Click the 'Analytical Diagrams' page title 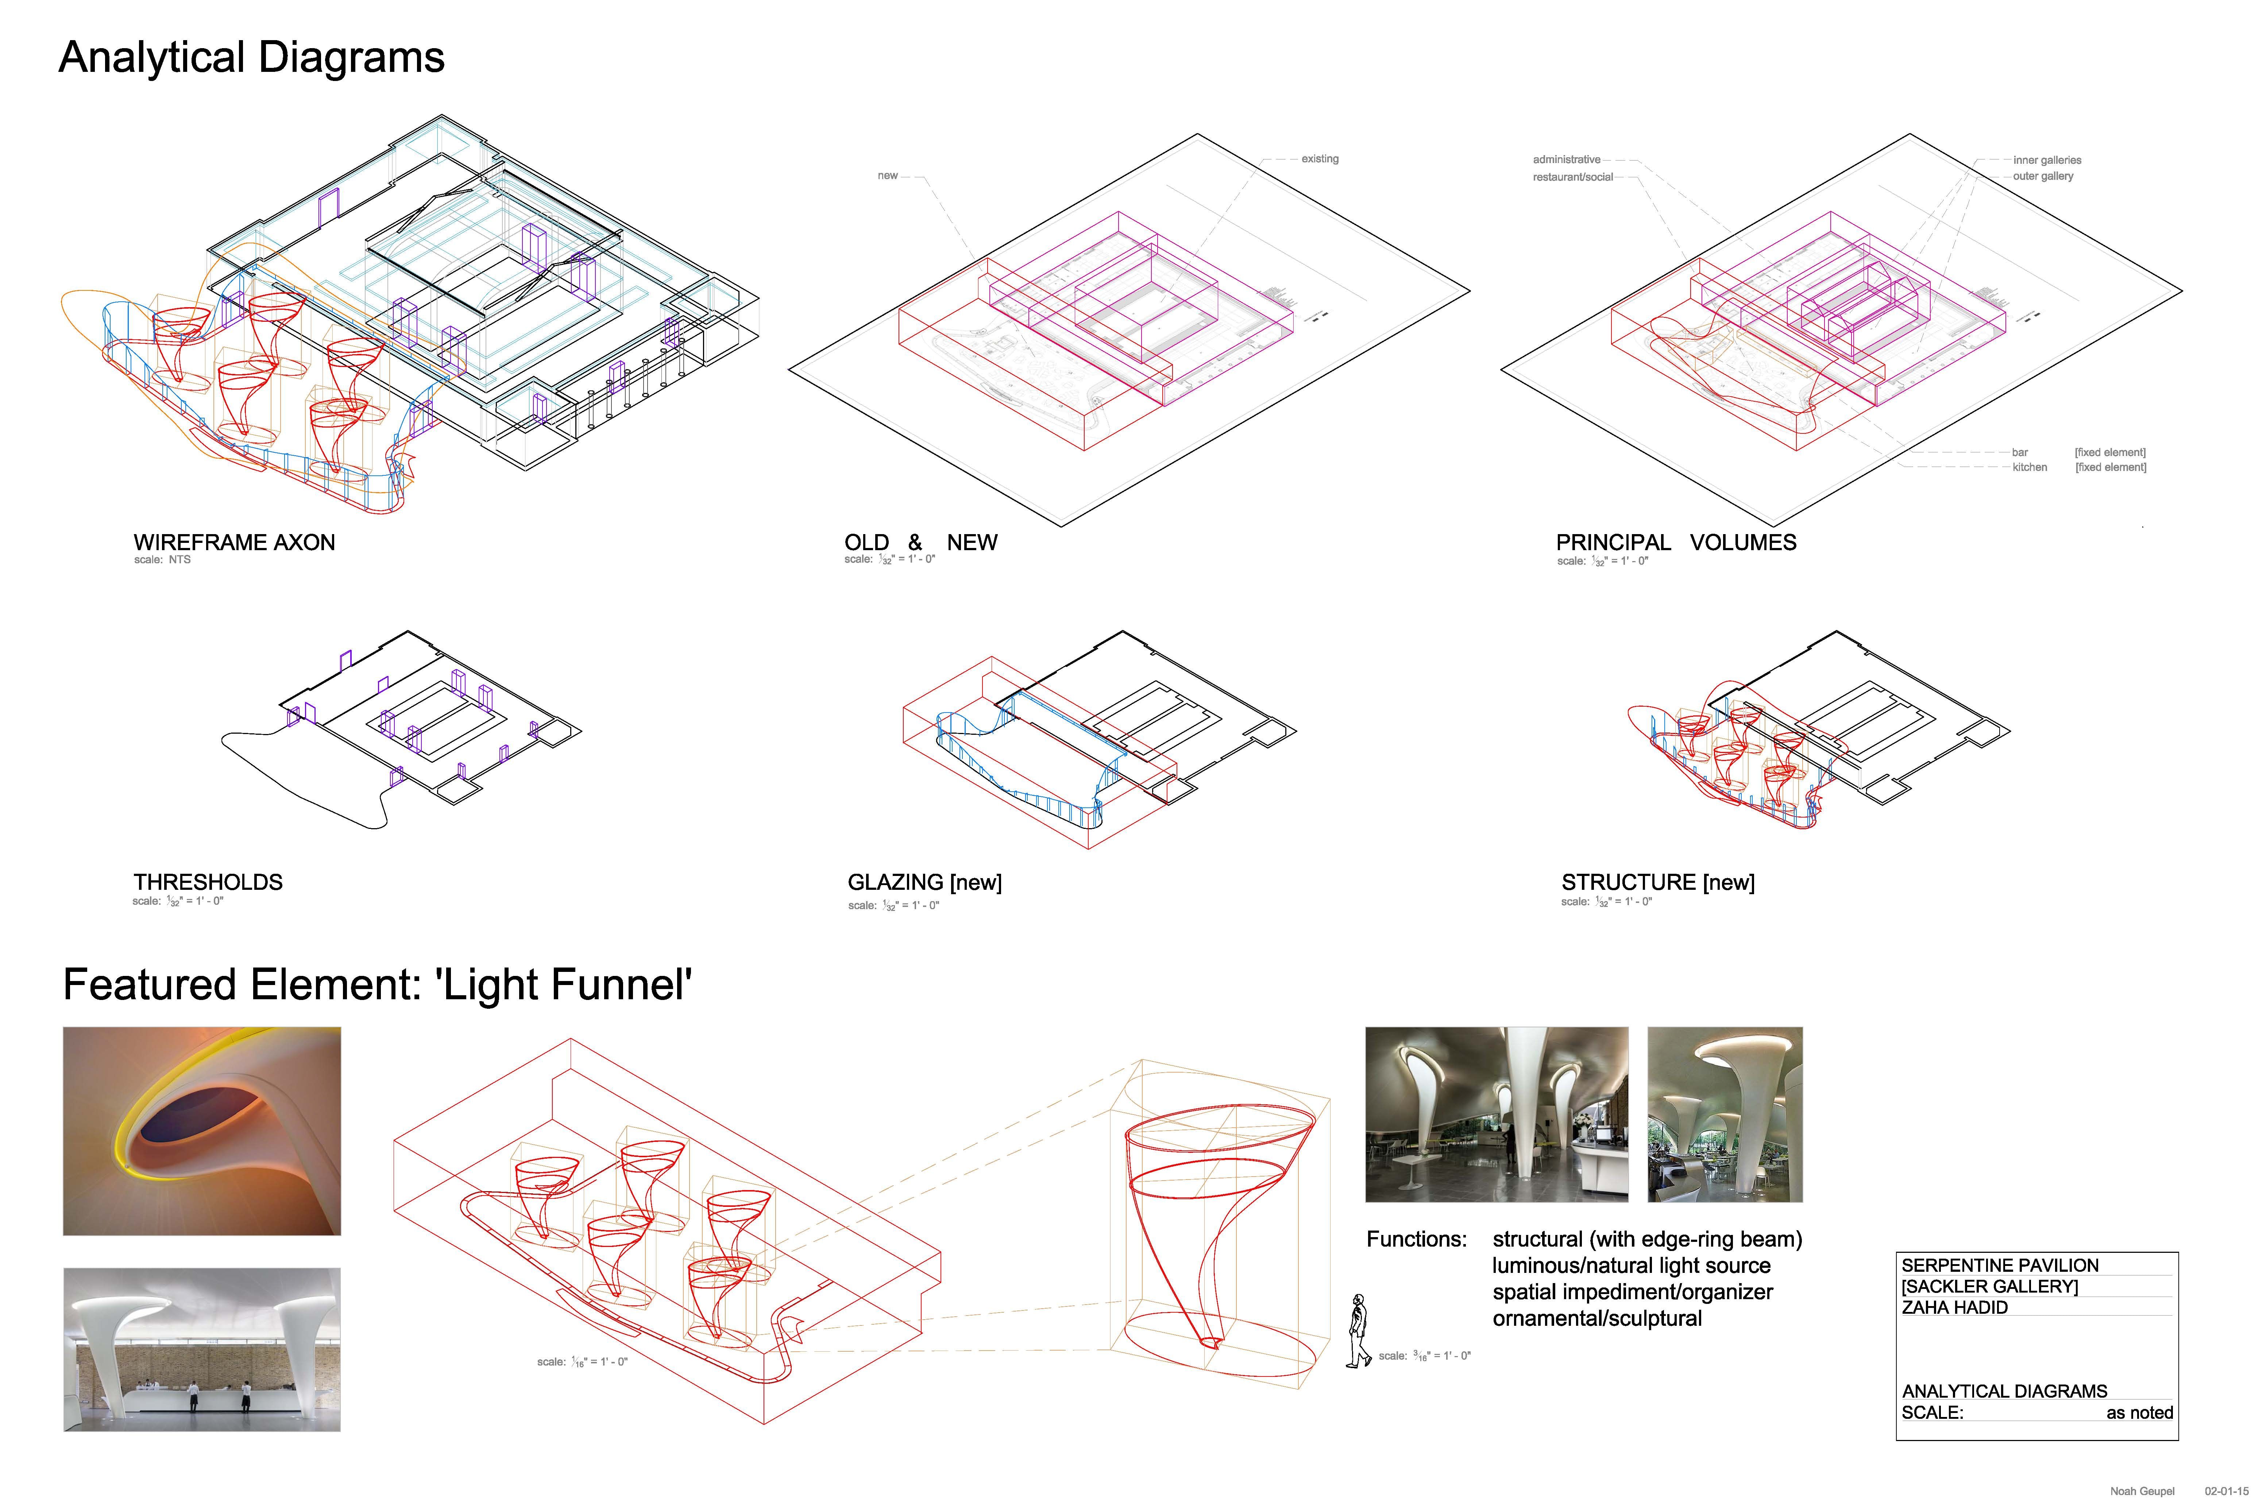click(252, 58)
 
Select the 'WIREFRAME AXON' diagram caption click(234, 542)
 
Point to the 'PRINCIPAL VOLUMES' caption click(1676, 542)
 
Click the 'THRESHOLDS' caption click(208, 882)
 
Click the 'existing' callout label click(1320, 158)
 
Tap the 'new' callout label click(888, 176)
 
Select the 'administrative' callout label click(1567, 159)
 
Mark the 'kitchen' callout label click(2030, 468)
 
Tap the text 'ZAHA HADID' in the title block click(1954, 1307)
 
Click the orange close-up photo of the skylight click(202, 1131)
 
